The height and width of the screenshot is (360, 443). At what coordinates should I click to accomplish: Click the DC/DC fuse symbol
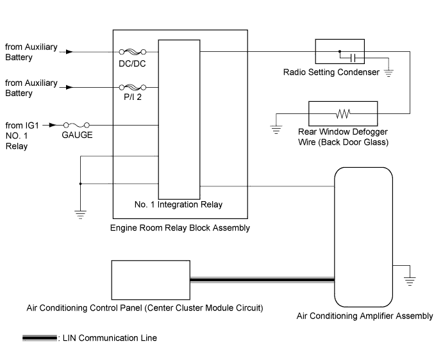tap(133, 52)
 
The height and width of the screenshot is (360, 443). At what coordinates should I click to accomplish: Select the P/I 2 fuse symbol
tap(133, 87)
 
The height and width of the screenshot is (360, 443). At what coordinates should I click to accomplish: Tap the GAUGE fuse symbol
tap(76, 125)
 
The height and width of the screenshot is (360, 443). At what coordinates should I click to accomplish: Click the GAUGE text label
tap(77, 135)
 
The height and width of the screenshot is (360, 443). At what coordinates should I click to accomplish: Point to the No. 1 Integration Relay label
tap(179, 204)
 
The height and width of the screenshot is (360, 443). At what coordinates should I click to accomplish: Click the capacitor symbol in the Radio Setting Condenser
tap(353, 58)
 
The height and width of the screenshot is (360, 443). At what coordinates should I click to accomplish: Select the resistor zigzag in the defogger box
tap(343, 113)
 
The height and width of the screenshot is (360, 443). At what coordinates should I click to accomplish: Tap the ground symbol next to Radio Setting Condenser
tap(389, 73)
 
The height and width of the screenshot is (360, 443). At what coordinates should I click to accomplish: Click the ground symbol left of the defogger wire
tap(276, 129)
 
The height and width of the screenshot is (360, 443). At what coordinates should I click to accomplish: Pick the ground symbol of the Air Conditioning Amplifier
tap(410, 281)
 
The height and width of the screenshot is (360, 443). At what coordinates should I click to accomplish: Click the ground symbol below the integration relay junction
tap(80, 215)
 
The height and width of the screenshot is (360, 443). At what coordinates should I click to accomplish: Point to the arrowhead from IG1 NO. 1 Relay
tap(53, 125)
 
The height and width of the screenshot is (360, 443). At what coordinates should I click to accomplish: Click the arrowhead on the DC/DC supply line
tap(69, 52)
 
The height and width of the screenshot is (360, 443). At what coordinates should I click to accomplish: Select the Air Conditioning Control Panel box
tap(151, 280)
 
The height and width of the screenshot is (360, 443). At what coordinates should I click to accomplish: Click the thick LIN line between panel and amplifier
tap(262, 280)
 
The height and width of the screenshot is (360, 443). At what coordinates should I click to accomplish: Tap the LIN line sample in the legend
tap(40, 338)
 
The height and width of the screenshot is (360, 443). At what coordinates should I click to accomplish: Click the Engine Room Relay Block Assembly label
tap(180, 228)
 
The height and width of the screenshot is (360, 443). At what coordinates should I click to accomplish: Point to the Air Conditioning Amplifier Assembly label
tap(365, 316)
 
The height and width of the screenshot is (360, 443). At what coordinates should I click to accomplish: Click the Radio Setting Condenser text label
tap(331, 72)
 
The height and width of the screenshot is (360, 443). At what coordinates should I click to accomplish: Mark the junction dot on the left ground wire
tap(80, 184)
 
